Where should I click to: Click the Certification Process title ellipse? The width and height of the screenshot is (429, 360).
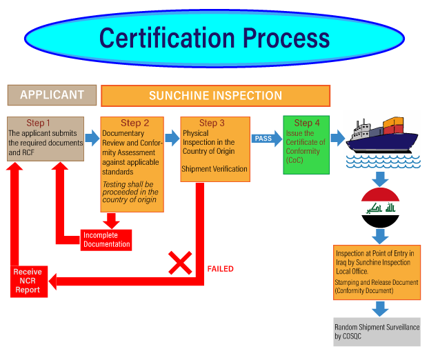pos(214,39)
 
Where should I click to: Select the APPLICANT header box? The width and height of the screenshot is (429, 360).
pos(52,95)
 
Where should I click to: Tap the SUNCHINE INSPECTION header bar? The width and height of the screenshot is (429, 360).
pos(216,96)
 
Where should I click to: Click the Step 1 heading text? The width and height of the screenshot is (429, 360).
pos(39,123)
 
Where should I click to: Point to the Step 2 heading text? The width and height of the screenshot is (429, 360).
pos(135,123)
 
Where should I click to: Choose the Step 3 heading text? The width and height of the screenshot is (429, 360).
pos(212,123)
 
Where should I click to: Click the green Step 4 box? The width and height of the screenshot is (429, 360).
pos(306,145)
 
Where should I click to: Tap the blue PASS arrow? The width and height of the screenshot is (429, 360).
pos(266,139)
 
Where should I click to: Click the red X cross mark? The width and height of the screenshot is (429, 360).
pos(180,263)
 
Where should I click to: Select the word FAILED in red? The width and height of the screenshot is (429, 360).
pos(220,269)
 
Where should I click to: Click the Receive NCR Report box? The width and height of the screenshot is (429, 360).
pos(29,281)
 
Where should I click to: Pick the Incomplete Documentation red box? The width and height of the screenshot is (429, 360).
pos(106,240)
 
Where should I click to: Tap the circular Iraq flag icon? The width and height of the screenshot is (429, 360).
pos(380,208)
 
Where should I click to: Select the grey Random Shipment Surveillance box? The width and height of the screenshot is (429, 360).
pos(377,332)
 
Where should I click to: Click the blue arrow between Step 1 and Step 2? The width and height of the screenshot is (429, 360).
pos(92,138)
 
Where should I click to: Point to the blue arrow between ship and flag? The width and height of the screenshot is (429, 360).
pos(380,179)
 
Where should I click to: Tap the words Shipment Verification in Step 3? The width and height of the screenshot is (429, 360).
pos(214,169)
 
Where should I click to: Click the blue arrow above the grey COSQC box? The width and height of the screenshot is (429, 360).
pos(380,309)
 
